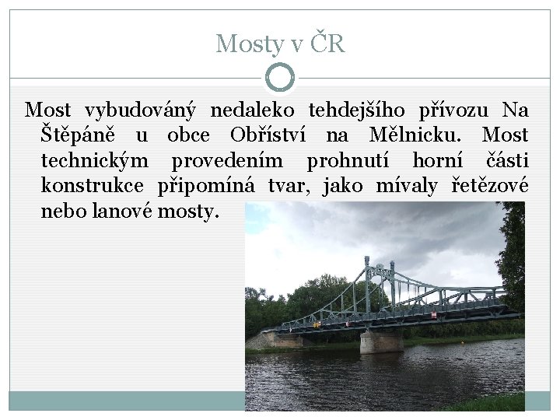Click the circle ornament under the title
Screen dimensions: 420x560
[280, 77]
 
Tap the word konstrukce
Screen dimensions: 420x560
[92, 185]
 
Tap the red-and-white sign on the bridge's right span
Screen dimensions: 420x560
[432, 314]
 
